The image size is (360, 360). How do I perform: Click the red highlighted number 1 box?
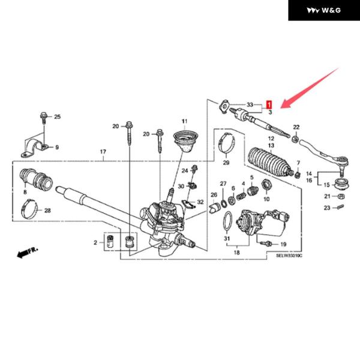pos(269,104)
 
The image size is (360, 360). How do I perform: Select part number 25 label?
pos(58,116)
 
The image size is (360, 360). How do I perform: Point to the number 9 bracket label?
pos(57,147)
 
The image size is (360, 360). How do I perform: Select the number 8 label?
pos(25,193)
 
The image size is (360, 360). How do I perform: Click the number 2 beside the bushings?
pos(95,242)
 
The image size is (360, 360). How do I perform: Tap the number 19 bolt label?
pos(283,244)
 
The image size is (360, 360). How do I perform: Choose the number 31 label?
pos(227,239)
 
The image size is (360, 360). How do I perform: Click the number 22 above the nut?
pos(296,127)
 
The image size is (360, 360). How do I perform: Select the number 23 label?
pos(327,208)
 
